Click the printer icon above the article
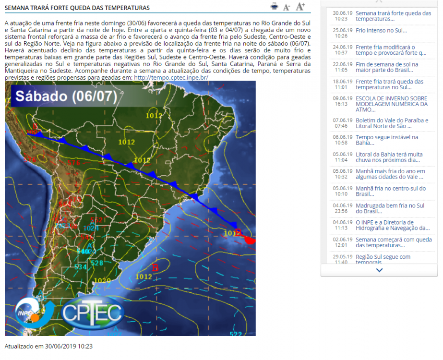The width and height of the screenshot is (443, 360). click(274, 6)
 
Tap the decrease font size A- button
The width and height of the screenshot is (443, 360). click(287, 7)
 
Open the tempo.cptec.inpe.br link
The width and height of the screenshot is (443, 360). click(171, 77)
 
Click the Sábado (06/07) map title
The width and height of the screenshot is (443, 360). click(66, 96)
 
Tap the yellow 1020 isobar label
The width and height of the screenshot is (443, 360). click(103, 280)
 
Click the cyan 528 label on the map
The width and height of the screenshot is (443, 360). click(97, 263)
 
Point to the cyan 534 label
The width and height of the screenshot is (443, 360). click(81, 266)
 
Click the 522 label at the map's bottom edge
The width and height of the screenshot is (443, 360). click(236, 334)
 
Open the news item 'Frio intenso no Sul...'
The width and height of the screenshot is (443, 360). click(382, 30)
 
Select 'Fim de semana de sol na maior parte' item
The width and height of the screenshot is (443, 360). click(387, 67)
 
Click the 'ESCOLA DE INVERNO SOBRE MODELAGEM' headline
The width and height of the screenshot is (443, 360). click(392, 104)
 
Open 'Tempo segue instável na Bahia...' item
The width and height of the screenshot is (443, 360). click(387, 140)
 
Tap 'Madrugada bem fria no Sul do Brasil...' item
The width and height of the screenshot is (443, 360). click(390, 208)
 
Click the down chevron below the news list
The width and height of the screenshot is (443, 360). click(379, 270)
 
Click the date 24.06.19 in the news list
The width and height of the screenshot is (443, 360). click(343, 47)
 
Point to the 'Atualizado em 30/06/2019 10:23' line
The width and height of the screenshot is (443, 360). click(48, 346)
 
